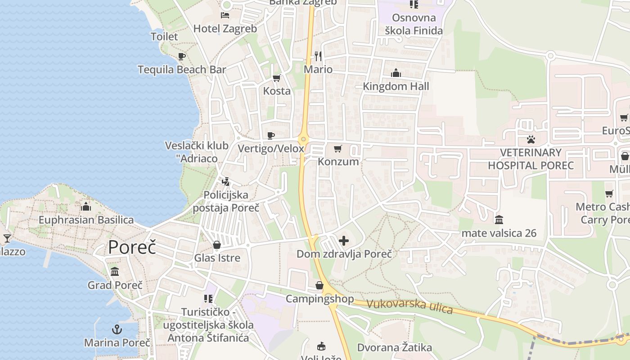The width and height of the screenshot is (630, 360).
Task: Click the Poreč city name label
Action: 132,247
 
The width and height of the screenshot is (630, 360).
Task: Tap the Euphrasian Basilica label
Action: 86,220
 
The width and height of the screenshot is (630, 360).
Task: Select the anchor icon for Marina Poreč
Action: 117,329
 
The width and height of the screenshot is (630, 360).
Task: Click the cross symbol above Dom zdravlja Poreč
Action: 344,241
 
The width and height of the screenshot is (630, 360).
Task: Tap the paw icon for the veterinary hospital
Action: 531,139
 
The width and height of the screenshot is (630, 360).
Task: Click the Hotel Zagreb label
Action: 225,29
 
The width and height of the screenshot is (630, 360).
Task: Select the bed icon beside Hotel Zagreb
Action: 225,15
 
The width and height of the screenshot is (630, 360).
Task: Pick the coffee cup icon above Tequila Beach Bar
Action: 181,57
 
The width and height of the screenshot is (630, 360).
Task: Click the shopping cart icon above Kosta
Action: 277,78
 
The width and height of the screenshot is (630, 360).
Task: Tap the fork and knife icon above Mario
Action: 318,56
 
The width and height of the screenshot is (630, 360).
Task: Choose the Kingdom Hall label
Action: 396,86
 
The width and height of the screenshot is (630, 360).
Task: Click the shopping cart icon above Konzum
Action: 338,148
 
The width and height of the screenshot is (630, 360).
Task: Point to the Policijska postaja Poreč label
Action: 226,201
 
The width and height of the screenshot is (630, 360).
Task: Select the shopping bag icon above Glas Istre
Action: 217,245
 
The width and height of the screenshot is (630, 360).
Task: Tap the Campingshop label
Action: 320,299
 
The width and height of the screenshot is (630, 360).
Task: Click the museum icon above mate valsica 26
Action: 499,220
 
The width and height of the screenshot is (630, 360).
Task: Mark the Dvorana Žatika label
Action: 395,347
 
